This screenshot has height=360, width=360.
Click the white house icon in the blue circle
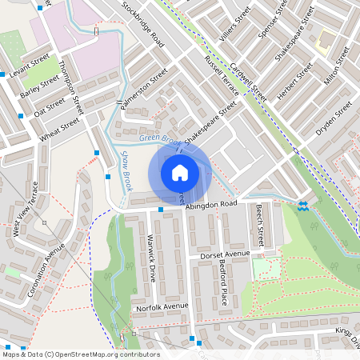coord(180,172)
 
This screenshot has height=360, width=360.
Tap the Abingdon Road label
coord(212,206)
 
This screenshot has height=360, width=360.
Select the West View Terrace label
coord(26,214)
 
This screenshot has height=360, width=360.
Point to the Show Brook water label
coord(126,172)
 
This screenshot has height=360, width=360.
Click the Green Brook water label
coord(157,138)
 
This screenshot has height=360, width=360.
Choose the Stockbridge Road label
coord(143,22)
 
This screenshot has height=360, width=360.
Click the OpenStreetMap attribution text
coord(81,354)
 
